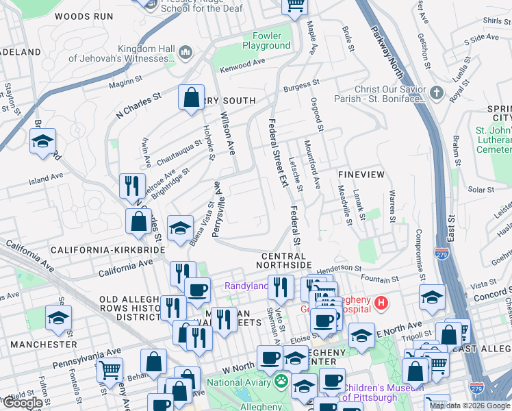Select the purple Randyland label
point(246,285)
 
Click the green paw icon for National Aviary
point(281,380)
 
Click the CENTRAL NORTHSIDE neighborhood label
point(286,260)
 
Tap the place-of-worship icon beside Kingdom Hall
point(185,53)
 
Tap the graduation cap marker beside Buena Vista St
point(180,228)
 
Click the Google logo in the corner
point(22,403)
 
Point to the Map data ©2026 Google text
point(469,406)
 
